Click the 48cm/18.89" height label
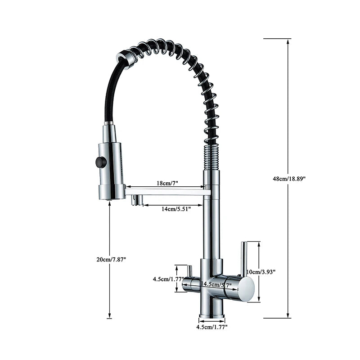292,179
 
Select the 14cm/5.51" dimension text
176,208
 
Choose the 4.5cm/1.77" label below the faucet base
212,327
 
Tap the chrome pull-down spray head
111,166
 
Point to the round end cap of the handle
246,289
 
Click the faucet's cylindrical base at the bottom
211,309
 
